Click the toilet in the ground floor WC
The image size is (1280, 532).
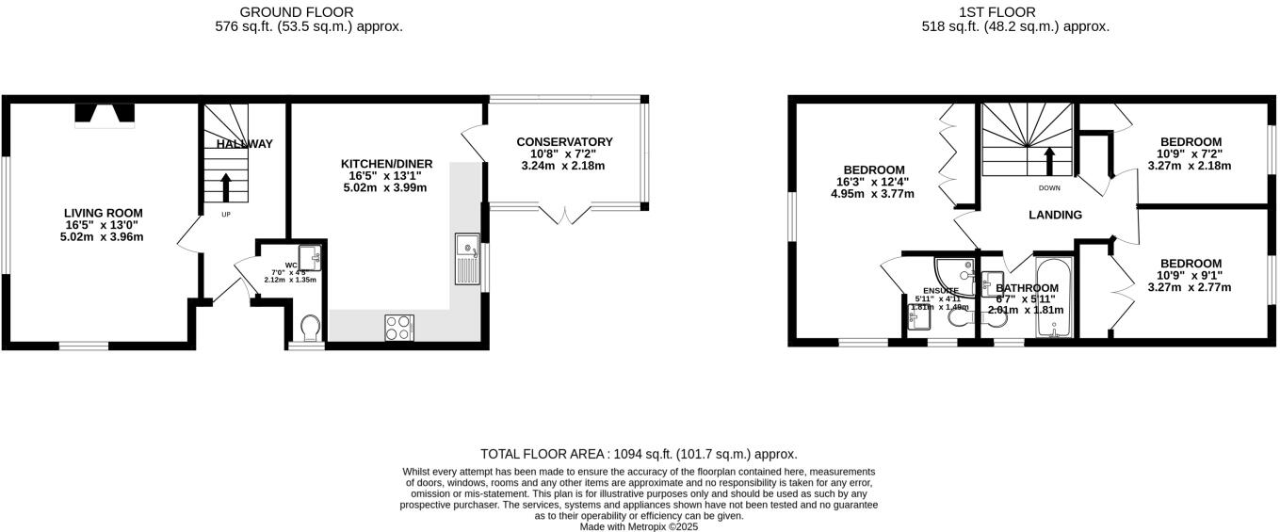click(x=309, y=327)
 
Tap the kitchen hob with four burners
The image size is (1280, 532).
click(x=398, y=328)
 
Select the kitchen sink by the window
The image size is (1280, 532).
click(x=467, y=258)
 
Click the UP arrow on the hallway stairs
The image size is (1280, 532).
click(x=225, y=187)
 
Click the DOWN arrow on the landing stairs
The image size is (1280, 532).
click(x=1048, y=160)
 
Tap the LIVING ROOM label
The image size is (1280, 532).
click(x=103, y=213)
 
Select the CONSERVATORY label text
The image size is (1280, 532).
click(x=564, y=142)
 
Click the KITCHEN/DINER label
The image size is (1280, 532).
click(x=383, y=164)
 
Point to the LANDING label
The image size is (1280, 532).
click(x=1055, y=215)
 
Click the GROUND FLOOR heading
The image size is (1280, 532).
click(x=297, y=12)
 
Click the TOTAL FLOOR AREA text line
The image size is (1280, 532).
click(x=639, y=453)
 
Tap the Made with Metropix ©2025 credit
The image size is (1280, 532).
click(x=639, y=525)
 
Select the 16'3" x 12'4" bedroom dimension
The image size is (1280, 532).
click(x=874, y=182)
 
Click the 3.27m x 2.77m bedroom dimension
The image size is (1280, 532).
click(x=1191, y=287)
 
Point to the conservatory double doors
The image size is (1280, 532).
click(x=567, y=216)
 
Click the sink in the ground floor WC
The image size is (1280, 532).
click(x=310, y=256)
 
